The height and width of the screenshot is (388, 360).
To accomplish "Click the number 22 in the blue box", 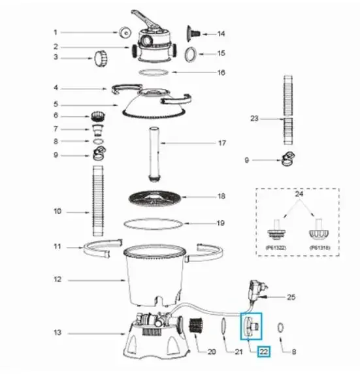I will click(x=264, y=351).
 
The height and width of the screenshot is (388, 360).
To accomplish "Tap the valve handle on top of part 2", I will click(x=144, y=18).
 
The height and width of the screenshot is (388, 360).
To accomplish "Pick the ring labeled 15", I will click(x=191, y=53).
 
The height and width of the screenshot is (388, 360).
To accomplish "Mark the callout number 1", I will click(x=56, y=31).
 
